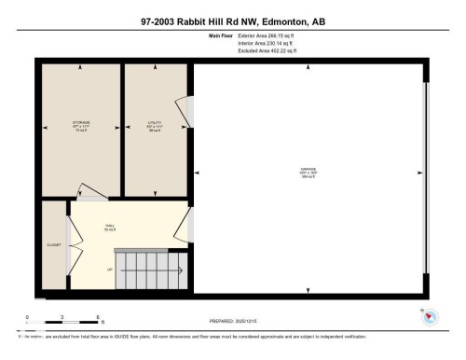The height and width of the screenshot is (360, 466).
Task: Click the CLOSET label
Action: coord(54,245)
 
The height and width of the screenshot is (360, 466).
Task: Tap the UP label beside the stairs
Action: coord(110,269)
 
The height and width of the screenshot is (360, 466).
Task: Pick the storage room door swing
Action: coord(91,191)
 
